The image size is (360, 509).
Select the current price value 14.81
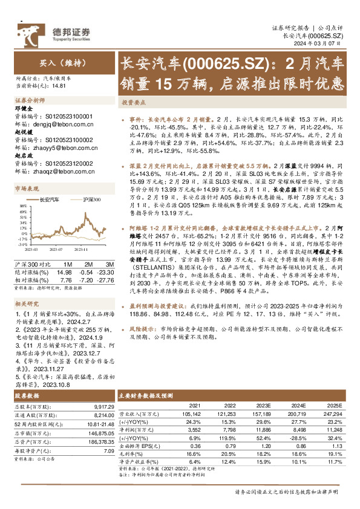pos(59,86)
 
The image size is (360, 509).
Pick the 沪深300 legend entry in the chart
pos(90,199)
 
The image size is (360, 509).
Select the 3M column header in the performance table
pos(110,264)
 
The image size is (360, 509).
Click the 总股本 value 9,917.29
pos(100,407)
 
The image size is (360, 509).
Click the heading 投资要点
pos(134,103)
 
